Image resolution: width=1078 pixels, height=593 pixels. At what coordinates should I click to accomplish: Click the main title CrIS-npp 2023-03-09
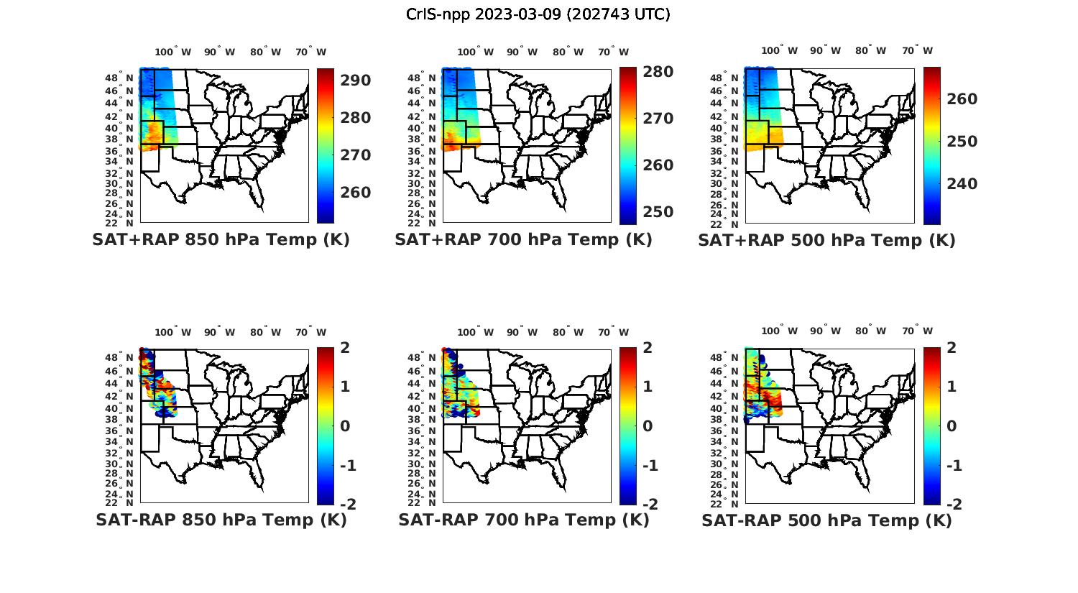[538, 14]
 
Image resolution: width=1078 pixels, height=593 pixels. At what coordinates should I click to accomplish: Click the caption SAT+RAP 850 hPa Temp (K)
[221, 240]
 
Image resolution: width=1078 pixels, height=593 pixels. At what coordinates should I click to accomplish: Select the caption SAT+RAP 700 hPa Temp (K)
[523, 240]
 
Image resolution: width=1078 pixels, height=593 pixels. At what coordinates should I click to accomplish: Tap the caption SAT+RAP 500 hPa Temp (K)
[826, 240]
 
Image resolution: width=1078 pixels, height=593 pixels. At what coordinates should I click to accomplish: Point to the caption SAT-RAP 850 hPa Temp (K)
[221, 520]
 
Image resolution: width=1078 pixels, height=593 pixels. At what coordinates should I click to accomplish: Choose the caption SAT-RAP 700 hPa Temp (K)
[523, 520]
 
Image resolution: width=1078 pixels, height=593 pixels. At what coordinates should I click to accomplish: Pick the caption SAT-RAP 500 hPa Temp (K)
[826, 520]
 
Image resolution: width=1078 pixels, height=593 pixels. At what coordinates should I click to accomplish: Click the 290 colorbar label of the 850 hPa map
[355, 81]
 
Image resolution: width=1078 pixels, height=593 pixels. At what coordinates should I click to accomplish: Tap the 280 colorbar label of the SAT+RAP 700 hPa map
[658, 72]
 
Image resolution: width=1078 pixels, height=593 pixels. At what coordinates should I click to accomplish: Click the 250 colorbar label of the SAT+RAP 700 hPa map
[658, 212]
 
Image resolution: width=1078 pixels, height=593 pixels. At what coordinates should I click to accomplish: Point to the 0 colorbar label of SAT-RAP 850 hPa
[345, 426]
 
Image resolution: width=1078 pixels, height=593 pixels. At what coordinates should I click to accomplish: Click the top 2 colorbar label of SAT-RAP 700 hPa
[648, 348]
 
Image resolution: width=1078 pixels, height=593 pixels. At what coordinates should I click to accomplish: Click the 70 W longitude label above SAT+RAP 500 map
[916, 51]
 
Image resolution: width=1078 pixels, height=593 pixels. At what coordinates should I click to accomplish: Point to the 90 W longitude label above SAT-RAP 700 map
[522, 332]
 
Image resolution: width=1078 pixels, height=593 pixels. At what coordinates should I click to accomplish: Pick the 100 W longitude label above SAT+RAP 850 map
[173, 52]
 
